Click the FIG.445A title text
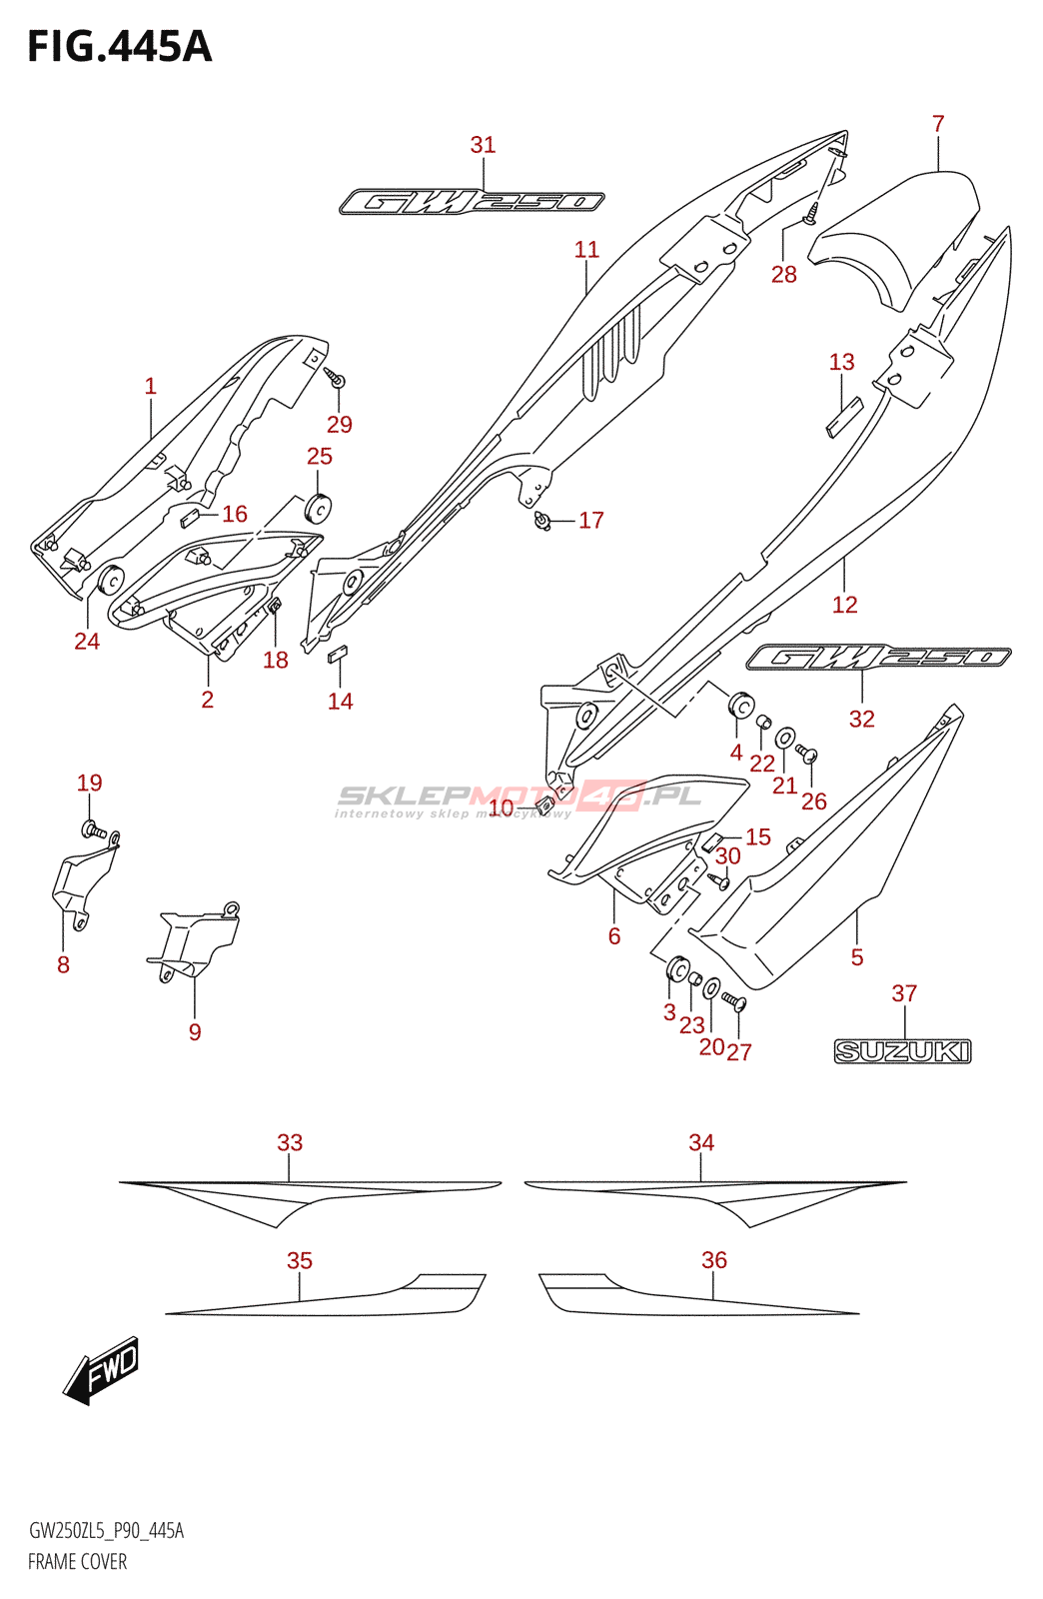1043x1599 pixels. click(x=120, y=47)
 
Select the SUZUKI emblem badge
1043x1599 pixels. click(x=902, y=1050)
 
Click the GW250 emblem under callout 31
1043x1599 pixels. click(x=472, y=202)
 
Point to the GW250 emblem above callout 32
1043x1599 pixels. click(x=878, y=657)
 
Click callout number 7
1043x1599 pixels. click(x=938, y=124)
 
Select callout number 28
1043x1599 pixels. click(x=784, y=274)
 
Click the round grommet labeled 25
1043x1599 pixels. click(x=320, y=508)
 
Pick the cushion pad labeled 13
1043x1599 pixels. click(x=843, y=418)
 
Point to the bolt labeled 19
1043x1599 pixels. click(x=93, y=829)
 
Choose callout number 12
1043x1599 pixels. click(x=844, y=605)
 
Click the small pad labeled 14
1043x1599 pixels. click(x=338, y=655)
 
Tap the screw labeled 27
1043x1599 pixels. click(x=735, y=1001)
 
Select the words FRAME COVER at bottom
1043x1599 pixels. click(x=77, y=1561)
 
